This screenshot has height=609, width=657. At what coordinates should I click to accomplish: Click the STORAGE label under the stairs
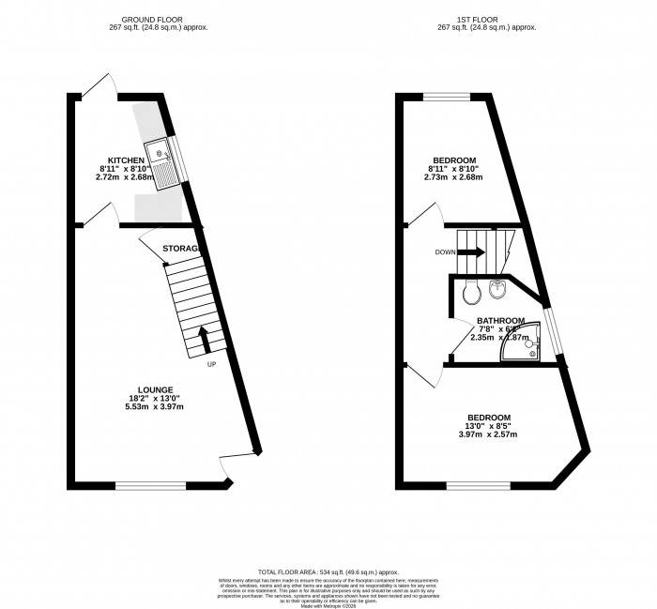(180, 248)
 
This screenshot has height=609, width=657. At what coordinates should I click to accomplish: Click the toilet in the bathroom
(471, 293)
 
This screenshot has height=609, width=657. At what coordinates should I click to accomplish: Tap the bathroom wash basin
(498, 290)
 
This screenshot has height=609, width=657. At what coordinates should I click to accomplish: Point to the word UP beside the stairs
(212, 365)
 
